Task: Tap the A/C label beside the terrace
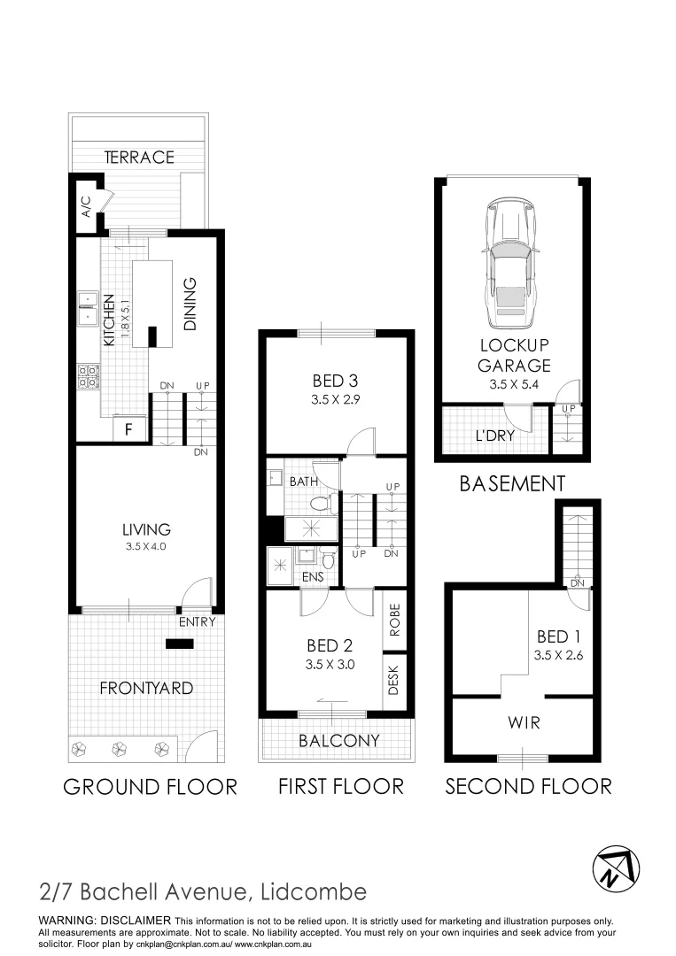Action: coord(86,207)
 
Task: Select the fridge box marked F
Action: coord(128,431)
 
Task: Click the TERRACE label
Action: coord(139,158)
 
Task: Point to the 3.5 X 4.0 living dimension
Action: coord(146,547)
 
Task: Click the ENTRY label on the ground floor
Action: coord(198,623)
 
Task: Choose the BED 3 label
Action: coord(336,382)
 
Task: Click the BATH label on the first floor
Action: coord(303,482)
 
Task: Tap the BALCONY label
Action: coord(339,741)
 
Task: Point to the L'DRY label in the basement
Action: coord(495,436)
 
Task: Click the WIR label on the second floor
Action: coord(523,722)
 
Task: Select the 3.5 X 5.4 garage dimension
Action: coord(516,385)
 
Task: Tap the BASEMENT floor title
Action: coord(512,484)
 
